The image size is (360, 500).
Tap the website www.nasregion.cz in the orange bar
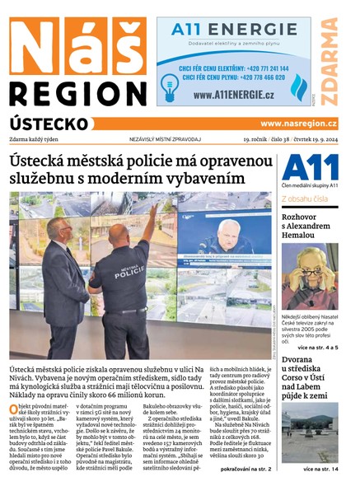[x=297, y=124]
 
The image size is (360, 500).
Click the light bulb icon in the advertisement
[x=170, y=87]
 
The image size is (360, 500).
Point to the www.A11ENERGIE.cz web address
[x=234, y=95]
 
